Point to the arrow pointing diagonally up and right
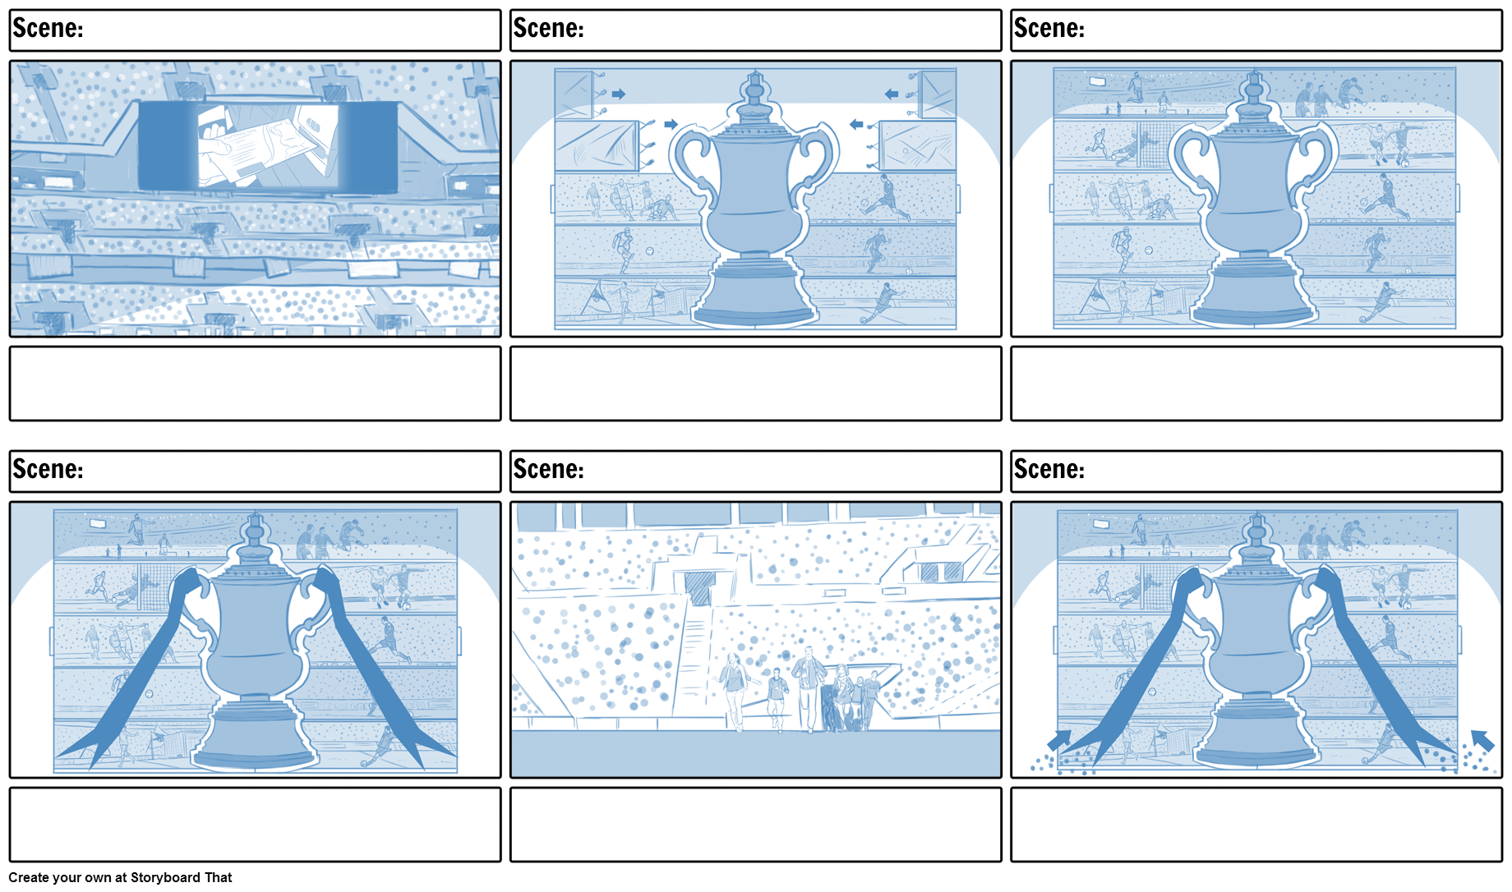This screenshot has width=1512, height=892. (x=1059, y=740)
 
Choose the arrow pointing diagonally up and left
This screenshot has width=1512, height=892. (x=1482, y=740)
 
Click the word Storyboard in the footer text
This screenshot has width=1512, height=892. (x=166, y=877)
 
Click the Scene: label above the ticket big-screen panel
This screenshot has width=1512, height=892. (x=48, y=29)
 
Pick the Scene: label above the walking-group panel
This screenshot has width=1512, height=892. (x=548, y=469)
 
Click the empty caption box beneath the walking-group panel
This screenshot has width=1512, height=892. (x=755, y=825)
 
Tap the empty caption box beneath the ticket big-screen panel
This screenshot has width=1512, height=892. (x=255, y=384)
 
